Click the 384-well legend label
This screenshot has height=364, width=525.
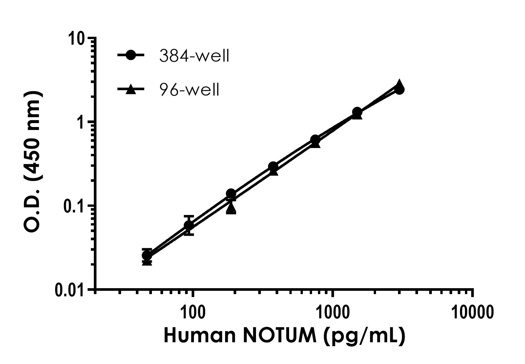194,56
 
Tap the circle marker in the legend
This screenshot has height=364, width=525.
131,55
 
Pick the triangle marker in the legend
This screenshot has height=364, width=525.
131,89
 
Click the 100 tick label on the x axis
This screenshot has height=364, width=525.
193,313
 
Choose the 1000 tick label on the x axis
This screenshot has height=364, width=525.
333,313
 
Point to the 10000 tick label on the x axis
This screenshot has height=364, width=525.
472,313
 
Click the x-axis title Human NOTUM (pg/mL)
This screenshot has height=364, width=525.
284,336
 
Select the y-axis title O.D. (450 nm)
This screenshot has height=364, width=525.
33,162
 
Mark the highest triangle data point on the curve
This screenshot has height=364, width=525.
399,84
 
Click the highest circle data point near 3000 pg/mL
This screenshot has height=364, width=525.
399,90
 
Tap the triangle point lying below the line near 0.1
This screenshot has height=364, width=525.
231,207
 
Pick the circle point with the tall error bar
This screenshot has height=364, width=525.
189,225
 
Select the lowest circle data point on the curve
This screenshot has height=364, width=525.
147,255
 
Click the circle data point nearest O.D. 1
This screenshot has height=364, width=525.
357,112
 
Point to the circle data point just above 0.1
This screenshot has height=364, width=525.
231,194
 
